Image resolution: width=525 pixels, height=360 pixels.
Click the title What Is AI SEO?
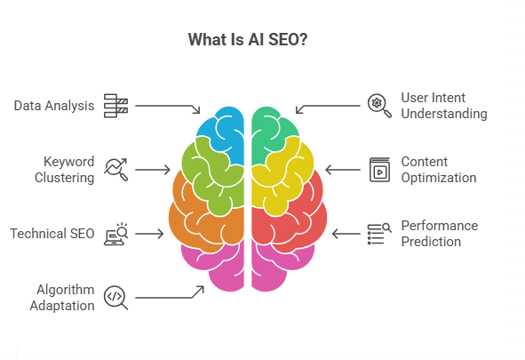[248, 40]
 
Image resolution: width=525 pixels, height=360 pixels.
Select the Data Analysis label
[54, 106]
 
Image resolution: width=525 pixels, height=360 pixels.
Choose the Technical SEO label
[52, 234]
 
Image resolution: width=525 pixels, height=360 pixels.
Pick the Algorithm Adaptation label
[64, 297]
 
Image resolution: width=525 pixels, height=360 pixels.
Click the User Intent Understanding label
[443, 106]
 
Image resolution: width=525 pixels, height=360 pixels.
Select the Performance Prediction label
[439, 233]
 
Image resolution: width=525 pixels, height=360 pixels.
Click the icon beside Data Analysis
[116, 105]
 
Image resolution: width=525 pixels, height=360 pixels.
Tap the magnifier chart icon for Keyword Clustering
[116, 169]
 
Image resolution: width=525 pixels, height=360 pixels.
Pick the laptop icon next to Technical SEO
[116, 234]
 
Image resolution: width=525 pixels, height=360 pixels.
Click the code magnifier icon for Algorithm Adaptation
[116, 297]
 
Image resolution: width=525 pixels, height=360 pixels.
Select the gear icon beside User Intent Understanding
[379, 105]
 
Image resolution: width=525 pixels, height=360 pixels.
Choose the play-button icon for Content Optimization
[379, 169]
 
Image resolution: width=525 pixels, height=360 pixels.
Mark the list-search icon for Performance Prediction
[379, 233]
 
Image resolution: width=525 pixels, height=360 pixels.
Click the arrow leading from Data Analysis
[169, 106]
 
